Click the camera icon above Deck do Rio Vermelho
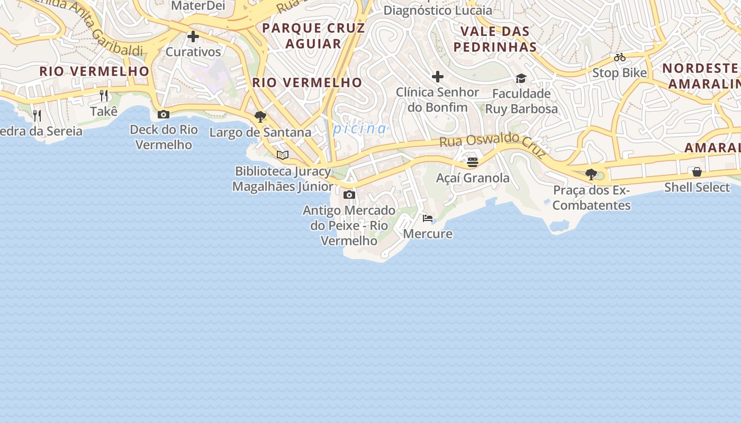point(164,114)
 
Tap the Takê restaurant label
point(104,112)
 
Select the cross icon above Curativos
point(193,37)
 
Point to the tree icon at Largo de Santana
point(260,116)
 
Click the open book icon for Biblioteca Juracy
point(283,155)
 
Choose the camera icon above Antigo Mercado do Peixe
point(349,195)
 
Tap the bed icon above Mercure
point(428,218)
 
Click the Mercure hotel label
point(428,234)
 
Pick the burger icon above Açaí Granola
point(473,162)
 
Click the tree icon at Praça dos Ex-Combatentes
point(591,174)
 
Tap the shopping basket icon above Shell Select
point(697,172)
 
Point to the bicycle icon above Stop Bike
point(620,57)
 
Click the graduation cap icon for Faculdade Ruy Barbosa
point(521,78)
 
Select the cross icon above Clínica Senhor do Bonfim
point(438,77)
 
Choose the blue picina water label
point(360,128)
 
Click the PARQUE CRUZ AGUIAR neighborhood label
point(313,36)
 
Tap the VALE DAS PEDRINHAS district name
point(495,39)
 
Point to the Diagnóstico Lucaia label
point(437,10)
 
